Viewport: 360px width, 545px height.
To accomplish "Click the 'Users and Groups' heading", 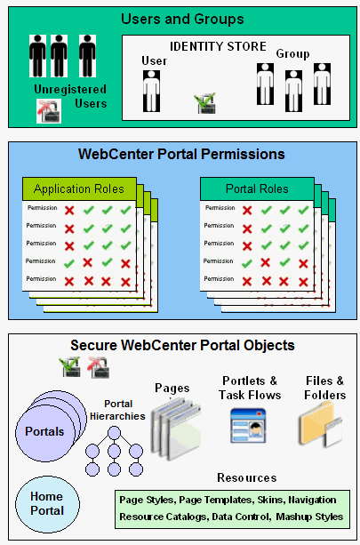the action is [x=182, y=19].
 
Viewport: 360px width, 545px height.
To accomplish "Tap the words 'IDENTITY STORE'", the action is [x=218, y=46].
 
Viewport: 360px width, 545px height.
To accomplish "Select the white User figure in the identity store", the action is [x=151, y=91].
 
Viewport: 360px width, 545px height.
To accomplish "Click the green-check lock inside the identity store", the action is [x=205, y=103].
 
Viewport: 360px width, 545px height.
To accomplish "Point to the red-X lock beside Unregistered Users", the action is [x=49, y=111].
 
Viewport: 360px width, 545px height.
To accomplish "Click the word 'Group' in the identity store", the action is [x=292, y=54].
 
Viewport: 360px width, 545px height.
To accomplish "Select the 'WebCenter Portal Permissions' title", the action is [x=181, y=154].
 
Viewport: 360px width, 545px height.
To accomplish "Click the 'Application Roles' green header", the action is [x=79, y=188].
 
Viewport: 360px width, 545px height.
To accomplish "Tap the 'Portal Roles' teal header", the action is [x=257, y=188].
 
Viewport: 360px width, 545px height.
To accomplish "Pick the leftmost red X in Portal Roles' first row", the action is [x=247, y=211].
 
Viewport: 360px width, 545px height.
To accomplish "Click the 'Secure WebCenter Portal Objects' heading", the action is [x=182, y=345].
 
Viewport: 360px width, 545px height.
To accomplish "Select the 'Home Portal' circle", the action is [x=47, y=504].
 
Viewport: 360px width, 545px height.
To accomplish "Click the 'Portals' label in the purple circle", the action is [x=44, y=431].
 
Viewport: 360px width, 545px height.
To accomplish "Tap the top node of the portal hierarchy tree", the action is [x=114, y=434].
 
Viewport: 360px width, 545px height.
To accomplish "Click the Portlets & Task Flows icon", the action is [x=248, y=426].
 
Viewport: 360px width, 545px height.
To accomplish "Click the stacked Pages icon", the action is [x=176, y=429].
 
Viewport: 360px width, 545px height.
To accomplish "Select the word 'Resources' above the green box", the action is [x=247, y=478].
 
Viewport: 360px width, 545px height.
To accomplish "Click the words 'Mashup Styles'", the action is [x=309, y=517].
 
